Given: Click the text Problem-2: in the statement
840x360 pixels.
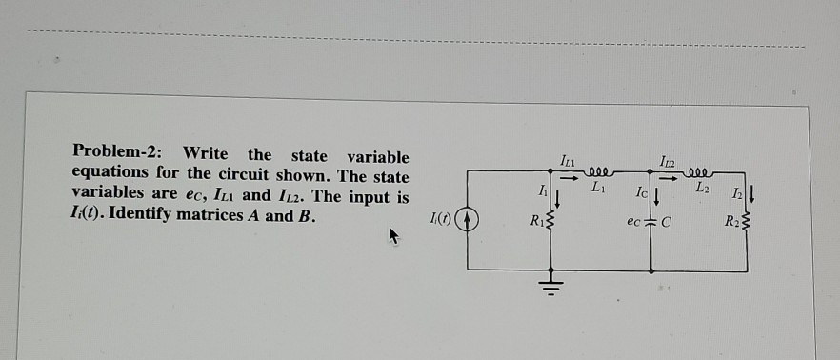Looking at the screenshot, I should click(118, 154).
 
